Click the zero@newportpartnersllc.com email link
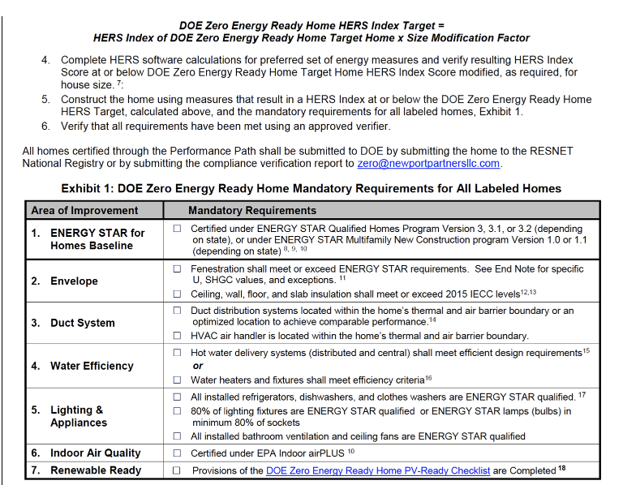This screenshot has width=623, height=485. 428,163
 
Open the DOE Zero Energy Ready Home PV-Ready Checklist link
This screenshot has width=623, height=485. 378,470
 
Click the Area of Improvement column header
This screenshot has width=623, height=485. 84,211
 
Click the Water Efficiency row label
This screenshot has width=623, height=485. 91,366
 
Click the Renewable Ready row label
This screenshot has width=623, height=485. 95,470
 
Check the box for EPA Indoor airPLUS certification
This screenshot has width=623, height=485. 177,453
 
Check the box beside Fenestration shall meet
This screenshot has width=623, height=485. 177,268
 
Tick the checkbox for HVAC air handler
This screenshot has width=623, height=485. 177,336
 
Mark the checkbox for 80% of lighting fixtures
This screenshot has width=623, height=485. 177,411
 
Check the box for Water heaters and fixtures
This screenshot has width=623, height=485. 177,380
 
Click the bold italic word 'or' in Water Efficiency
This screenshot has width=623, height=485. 198,367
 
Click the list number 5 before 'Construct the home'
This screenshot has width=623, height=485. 45,100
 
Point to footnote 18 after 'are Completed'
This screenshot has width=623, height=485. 561,469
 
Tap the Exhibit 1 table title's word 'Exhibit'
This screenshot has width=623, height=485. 87,188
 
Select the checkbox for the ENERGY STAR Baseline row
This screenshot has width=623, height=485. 177,229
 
